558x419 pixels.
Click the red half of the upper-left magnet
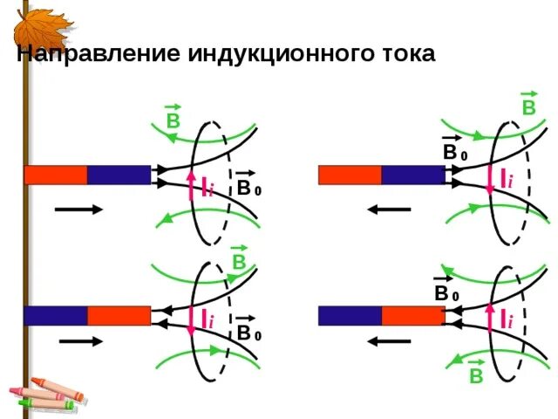click(x=55, y=175)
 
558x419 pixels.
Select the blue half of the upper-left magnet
click(x=119, y=175)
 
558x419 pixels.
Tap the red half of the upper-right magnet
click(x=350, y=175)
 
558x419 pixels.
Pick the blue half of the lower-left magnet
click(x=55, y=315)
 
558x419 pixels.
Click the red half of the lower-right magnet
click(x=413, y=315)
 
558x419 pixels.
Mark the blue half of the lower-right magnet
click(x=350, y=315)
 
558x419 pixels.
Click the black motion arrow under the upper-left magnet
click(x=79, y=209)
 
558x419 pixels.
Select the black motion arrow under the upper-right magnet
click(x=388, y=209)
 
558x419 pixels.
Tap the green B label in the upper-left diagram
click(x=173, y=120)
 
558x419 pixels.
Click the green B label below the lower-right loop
click(x=476, y=375)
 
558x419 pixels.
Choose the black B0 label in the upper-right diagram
click(x=454, y=153)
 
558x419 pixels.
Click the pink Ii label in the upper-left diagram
click(x=206, y=189)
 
